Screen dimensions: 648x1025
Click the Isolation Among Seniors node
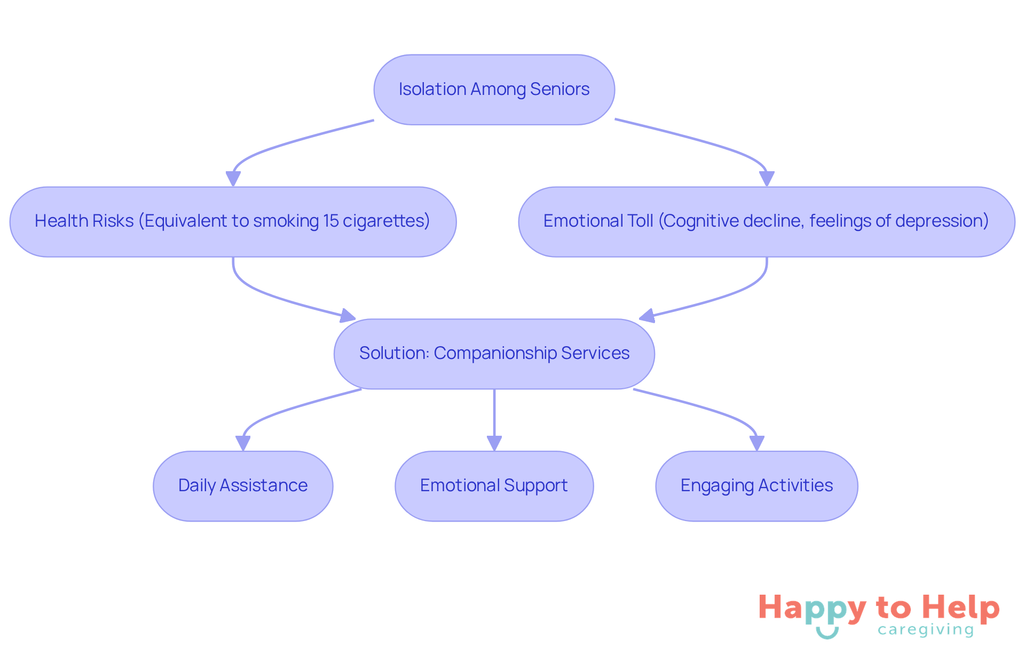[494, 90]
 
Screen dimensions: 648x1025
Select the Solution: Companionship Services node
[494, 354]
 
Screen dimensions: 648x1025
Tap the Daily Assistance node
[243, 486]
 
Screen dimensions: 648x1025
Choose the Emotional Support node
[494, 486]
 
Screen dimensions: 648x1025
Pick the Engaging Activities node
[756, 486]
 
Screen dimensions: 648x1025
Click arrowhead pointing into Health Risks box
[233, 179]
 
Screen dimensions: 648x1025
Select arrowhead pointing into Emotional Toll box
[767, 179]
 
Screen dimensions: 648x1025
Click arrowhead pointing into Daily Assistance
[243, 443]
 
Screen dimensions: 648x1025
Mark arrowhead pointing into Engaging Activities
[756, 443]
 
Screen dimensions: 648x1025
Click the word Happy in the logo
[812, 609]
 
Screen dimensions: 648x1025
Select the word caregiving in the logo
[926, 630]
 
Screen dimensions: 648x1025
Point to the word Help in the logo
[960, 607]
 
